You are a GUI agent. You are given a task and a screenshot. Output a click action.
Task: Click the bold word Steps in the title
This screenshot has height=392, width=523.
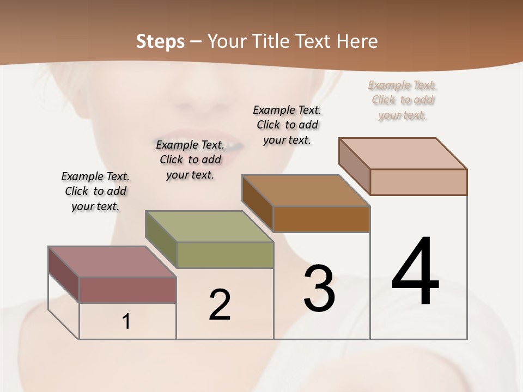(x=160, y=41)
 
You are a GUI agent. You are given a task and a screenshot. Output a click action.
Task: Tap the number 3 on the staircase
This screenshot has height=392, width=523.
(x=319, y=288)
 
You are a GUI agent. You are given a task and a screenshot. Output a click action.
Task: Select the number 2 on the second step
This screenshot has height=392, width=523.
(x=220, y=305)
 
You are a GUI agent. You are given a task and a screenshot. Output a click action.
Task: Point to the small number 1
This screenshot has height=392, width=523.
(x=126, y=322)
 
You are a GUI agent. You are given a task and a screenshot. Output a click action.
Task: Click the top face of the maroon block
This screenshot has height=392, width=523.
(x=112, y=261)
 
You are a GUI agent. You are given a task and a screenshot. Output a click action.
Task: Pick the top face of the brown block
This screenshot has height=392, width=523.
(x=306, y=191)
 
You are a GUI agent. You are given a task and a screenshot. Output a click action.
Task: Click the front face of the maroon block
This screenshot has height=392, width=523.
(x=127, y=290)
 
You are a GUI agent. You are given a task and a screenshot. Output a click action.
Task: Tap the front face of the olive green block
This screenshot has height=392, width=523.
(x=225, y=255)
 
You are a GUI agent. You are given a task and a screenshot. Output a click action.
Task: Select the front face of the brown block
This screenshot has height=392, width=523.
(x=321, y=219)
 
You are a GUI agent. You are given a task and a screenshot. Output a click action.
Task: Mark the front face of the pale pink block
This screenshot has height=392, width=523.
(x=418, y=182)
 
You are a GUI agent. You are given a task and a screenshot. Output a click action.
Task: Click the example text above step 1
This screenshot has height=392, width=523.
(x=95, y=191)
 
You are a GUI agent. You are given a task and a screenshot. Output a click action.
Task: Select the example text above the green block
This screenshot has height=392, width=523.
(x=190, y=160)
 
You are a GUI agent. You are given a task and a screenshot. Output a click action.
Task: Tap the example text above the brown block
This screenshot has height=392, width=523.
(x=287, y=125)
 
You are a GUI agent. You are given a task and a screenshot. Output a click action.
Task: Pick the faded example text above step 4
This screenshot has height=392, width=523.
(x=403, y=100)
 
